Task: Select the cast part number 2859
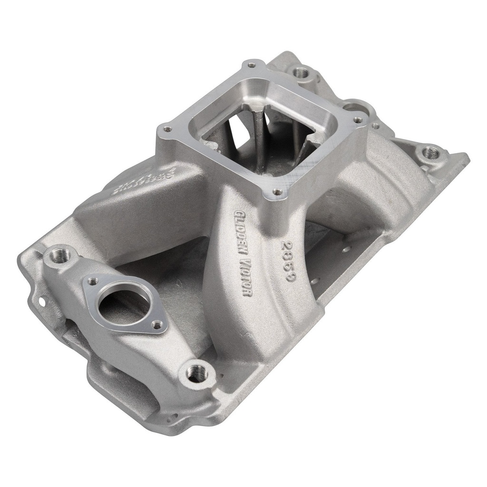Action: [x=287, y=262]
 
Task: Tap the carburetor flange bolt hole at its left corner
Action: [x=166, y=128]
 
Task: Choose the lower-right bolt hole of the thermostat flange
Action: [x=156, y=325]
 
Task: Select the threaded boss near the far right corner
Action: [x=431, y=152]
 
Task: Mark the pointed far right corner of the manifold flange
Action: [x=468, y=157]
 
